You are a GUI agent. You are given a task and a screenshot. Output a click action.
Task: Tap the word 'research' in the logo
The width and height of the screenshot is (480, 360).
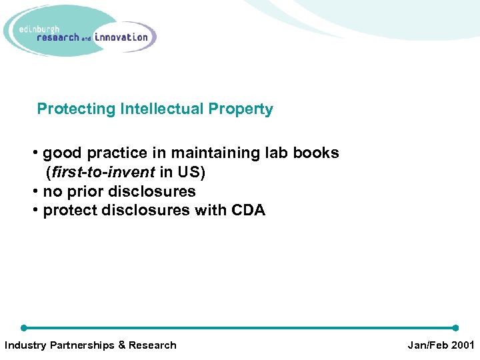tap(58, 38)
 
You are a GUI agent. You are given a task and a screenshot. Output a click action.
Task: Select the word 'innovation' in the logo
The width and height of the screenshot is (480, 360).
tap(121, 37)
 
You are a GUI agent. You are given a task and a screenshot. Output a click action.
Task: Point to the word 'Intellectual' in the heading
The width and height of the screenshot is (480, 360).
tap(162, 109)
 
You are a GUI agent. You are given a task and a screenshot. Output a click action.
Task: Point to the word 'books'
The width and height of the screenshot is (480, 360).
tap(315, 153)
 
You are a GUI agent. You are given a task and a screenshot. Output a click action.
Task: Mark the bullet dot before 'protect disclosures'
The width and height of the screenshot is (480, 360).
tap(35, 211)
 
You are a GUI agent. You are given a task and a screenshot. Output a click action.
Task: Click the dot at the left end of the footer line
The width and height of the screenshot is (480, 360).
tap(24, 328)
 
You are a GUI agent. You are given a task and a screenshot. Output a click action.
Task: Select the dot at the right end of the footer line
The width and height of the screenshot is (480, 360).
tap(455, 328)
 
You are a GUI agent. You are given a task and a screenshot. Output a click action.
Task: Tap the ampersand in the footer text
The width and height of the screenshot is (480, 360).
tap(121, 345)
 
